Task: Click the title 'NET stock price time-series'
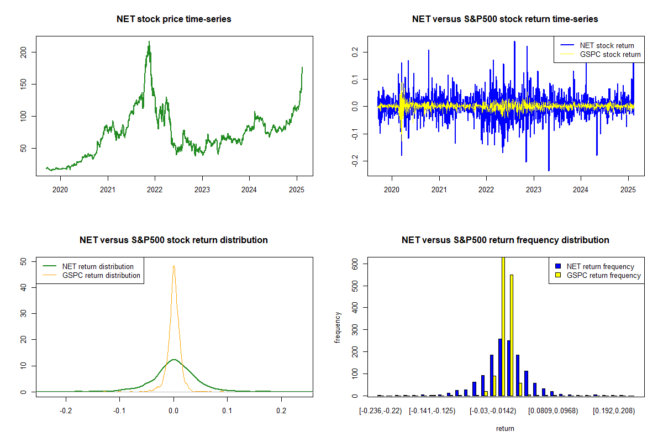174,19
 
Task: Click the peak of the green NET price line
149,41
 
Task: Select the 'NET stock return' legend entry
607,45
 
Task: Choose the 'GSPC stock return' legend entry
610,54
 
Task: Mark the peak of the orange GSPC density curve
174,266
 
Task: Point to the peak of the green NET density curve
174,360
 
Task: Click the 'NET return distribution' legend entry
98,266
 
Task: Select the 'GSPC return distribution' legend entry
101,275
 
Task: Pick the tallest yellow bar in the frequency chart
503,326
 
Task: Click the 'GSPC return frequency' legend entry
603,275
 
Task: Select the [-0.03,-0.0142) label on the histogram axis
492,411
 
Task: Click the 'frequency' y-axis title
338,328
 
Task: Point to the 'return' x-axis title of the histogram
505,429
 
